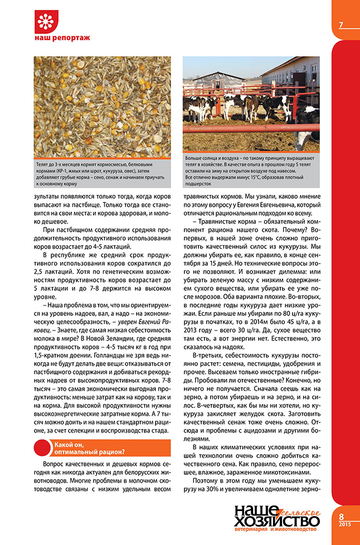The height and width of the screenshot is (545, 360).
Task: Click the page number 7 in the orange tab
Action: point(340,25)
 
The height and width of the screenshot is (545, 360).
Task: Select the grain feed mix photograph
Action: point(100,106)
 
